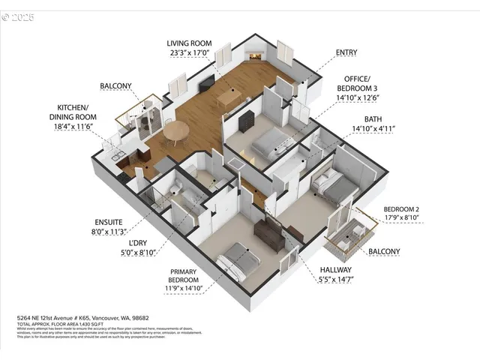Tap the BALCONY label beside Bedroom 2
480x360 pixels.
click(x=383, y=251)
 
